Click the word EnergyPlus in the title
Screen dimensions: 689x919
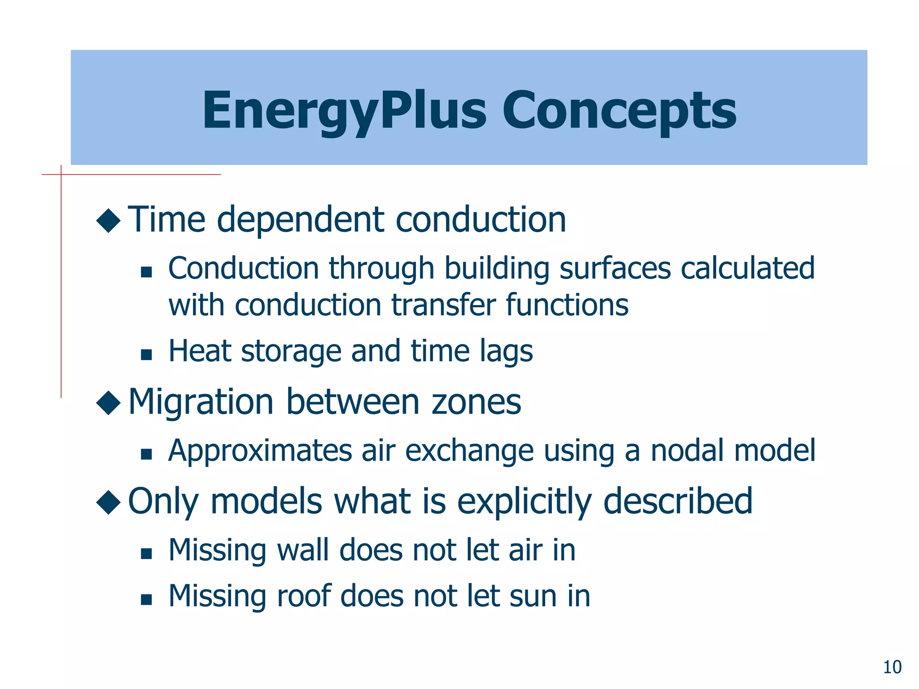344,110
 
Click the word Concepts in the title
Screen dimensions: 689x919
619,110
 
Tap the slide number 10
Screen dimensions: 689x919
892,667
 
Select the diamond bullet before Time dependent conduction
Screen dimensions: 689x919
109,220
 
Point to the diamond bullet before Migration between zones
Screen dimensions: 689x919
109,402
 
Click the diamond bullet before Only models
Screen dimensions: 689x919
109,502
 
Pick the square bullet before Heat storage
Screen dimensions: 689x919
146,355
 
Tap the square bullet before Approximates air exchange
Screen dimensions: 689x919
146,454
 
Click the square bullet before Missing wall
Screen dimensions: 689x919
146,554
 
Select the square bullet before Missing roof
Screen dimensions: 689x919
146,600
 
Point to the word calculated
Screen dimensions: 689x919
747,268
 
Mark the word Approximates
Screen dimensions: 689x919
260,451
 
